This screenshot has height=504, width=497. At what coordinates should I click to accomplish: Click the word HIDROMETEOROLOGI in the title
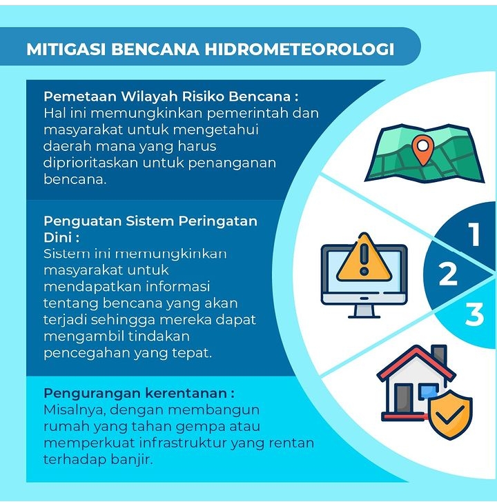[x=300, y=49]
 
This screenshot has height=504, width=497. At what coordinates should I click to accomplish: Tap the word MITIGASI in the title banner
[x=66, y=49]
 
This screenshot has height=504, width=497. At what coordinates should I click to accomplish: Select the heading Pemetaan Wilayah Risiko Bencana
[x=170, y=97]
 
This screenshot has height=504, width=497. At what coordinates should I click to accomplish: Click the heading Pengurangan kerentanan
[x=139, y=394]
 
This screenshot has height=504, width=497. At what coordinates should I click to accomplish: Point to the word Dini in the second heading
[x=58, y=238]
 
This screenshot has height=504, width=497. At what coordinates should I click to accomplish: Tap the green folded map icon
[x=424, y=154]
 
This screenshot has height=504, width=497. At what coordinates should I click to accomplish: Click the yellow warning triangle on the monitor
[x=364, y=257]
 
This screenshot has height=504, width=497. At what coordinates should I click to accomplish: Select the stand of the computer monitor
[x=364, y=311]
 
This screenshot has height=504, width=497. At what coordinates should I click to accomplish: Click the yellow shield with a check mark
[x=451, y=414]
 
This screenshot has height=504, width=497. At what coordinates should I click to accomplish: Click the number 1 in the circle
[x=474, y=234]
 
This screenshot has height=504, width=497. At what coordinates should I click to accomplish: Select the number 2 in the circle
[x=448, y=274]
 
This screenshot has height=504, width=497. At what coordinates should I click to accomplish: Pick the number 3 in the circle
[x=474, y=314]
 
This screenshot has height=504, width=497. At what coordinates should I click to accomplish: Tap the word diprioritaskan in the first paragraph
[x=90, y=163]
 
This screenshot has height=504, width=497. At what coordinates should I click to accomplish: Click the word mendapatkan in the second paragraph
[x=92, y=287]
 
